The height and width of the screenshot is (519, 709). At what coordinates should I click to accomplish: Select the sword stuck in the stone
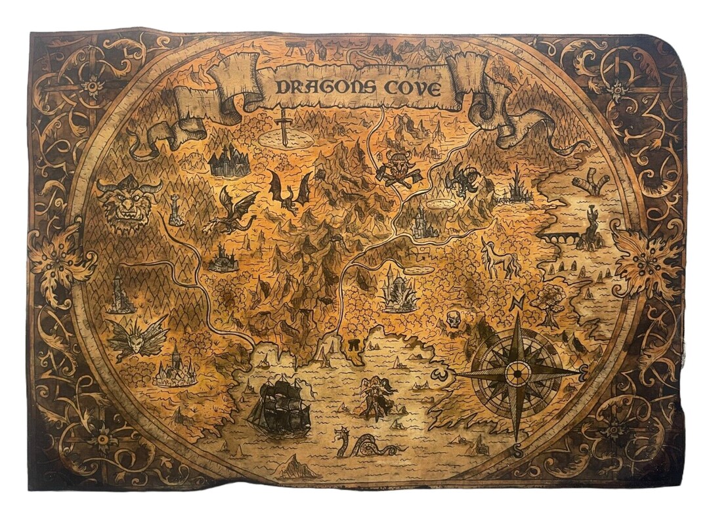pos(283,127)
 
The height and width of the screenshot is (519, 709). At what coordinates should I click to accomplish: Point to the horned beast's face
pos(129,203)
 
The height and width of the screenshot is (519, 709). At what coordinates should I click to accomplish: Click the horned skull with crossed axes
pos(398,167)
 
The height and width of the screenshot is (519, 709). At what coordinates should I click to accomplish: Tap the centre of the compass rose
pos(518,374)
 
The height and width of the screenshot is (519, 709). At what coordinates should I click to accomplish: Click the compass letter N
pos(517,304)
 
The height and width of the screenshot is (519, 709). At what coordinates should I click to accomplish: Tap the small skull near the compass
pos(452,319)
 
